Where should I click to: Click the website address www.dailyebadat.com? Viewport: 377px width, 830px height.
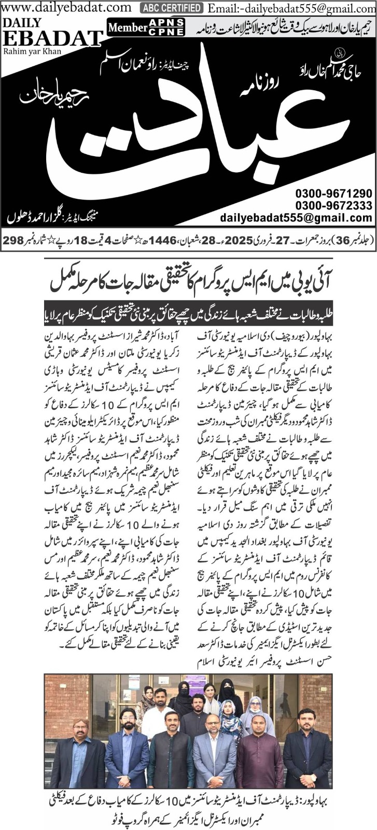point(66,7)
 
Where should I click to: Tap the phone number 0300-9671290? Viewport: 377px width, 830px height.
point(334,193)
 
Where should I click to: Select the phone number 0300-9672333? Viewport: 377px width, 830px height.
point(334,205)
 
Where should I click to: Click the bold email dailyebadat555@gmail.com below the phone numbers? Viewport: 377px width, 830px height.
point(296,218)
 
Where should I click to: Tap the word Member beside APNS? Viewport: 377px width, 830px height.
point(129,27)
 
